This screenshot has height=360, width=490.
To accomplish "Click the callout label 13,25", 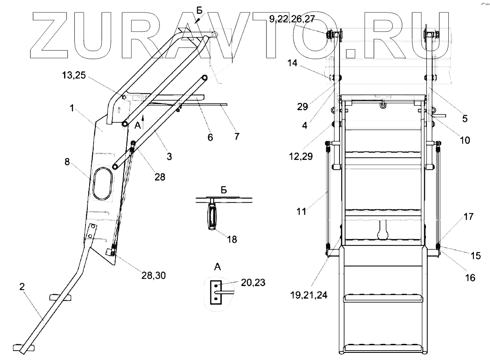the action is [74, 75].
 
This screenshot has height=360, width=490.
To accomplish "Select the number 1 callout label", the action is [72, 108].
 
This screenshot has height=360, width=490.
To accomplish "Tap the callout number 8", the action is [67, 162].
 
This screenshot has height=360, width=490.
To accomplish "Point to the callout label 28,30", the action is [154, 275].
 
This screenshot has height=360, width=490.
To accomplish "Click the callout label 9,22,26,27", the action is [292, 19].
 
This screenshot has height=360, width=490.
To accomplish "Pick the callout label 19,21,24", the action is [309, 295].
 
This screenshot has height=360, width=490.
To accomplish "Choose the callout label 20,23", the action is [253, 283].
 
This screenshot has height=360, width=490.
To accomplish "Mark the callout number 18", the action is [232, 240].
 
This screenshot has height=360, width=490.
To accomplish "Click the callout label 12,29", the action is [301, 156].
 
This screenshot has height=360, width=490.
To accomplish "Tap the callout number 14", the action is [292, 63].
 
